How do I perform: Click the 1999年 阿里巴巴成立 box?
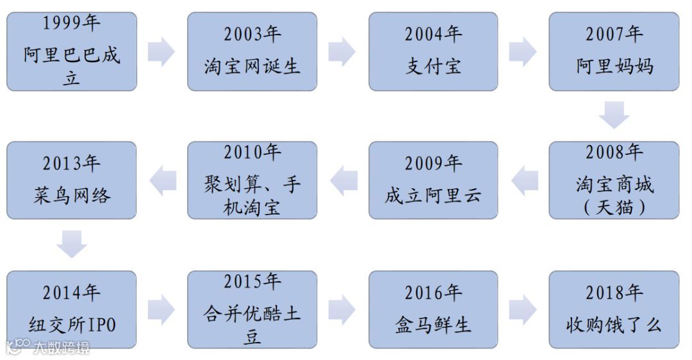coord(72,51)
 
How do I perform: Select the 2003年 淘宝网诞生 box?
coord(252,51)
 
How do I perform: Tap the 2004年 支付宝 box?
coord(433,51)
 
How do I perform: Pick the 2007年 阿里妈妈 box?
coord(614,51)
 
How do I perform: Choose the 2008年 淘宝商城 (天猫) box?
coord(614,180)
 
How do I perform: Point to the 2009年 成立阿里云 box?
coord(433,180)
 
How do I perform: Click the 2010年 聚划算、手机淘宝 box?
coord(252,180)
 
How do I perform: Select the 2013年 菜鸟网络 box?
coord(72,180)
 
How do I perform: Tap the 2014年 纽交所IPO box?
coord(72,309)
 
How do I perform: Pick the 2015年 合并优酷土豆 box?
coord(252,309)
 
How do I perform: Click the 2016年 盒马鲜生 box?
coord(433,309)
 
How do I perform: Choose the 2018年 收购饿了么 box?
coord(614,309)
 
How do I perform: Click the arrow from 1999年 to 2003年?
coord(161,52)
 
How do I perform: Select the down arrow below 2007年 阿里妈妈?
coord(614,116)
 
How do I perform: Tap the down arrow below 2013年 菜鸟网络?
coord(72,245)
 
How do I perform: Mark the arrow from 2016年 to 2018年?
coord(523,309)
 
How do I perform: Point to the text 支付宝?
coord(433,66)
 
